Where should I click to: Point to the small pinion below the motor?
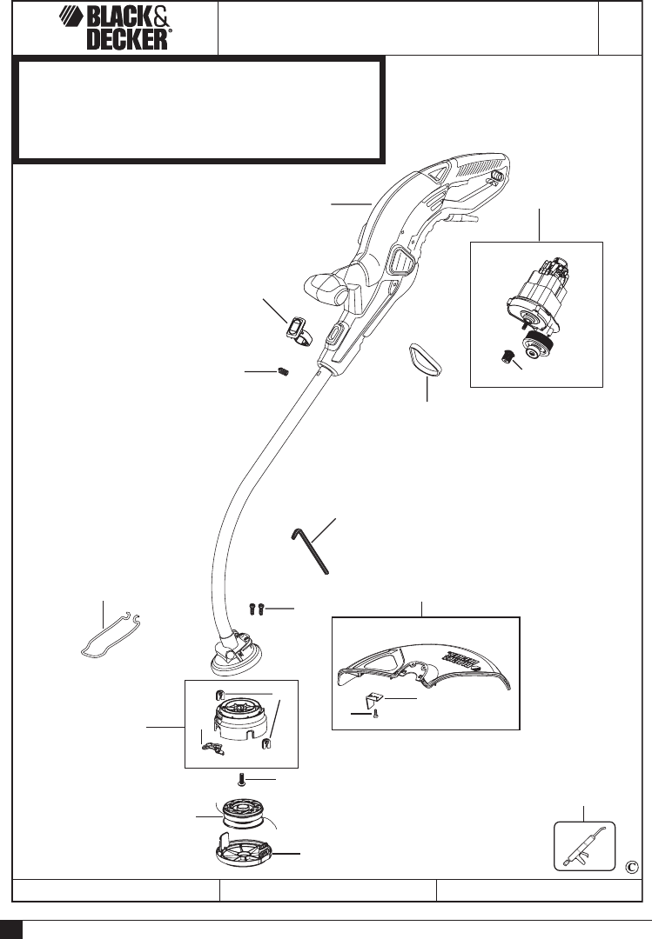(x=506, y=356)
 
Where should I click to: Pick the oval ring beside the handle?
(x=426, y=358)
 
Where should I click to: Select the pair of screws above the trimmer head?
(x=255, y=609)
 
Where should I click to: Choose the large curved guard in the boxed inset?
(x=426, y=670)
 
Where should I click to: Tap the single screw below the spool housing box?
(x=245, y=777)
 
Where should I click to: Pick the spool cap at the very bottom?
(x=245, y=856)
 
